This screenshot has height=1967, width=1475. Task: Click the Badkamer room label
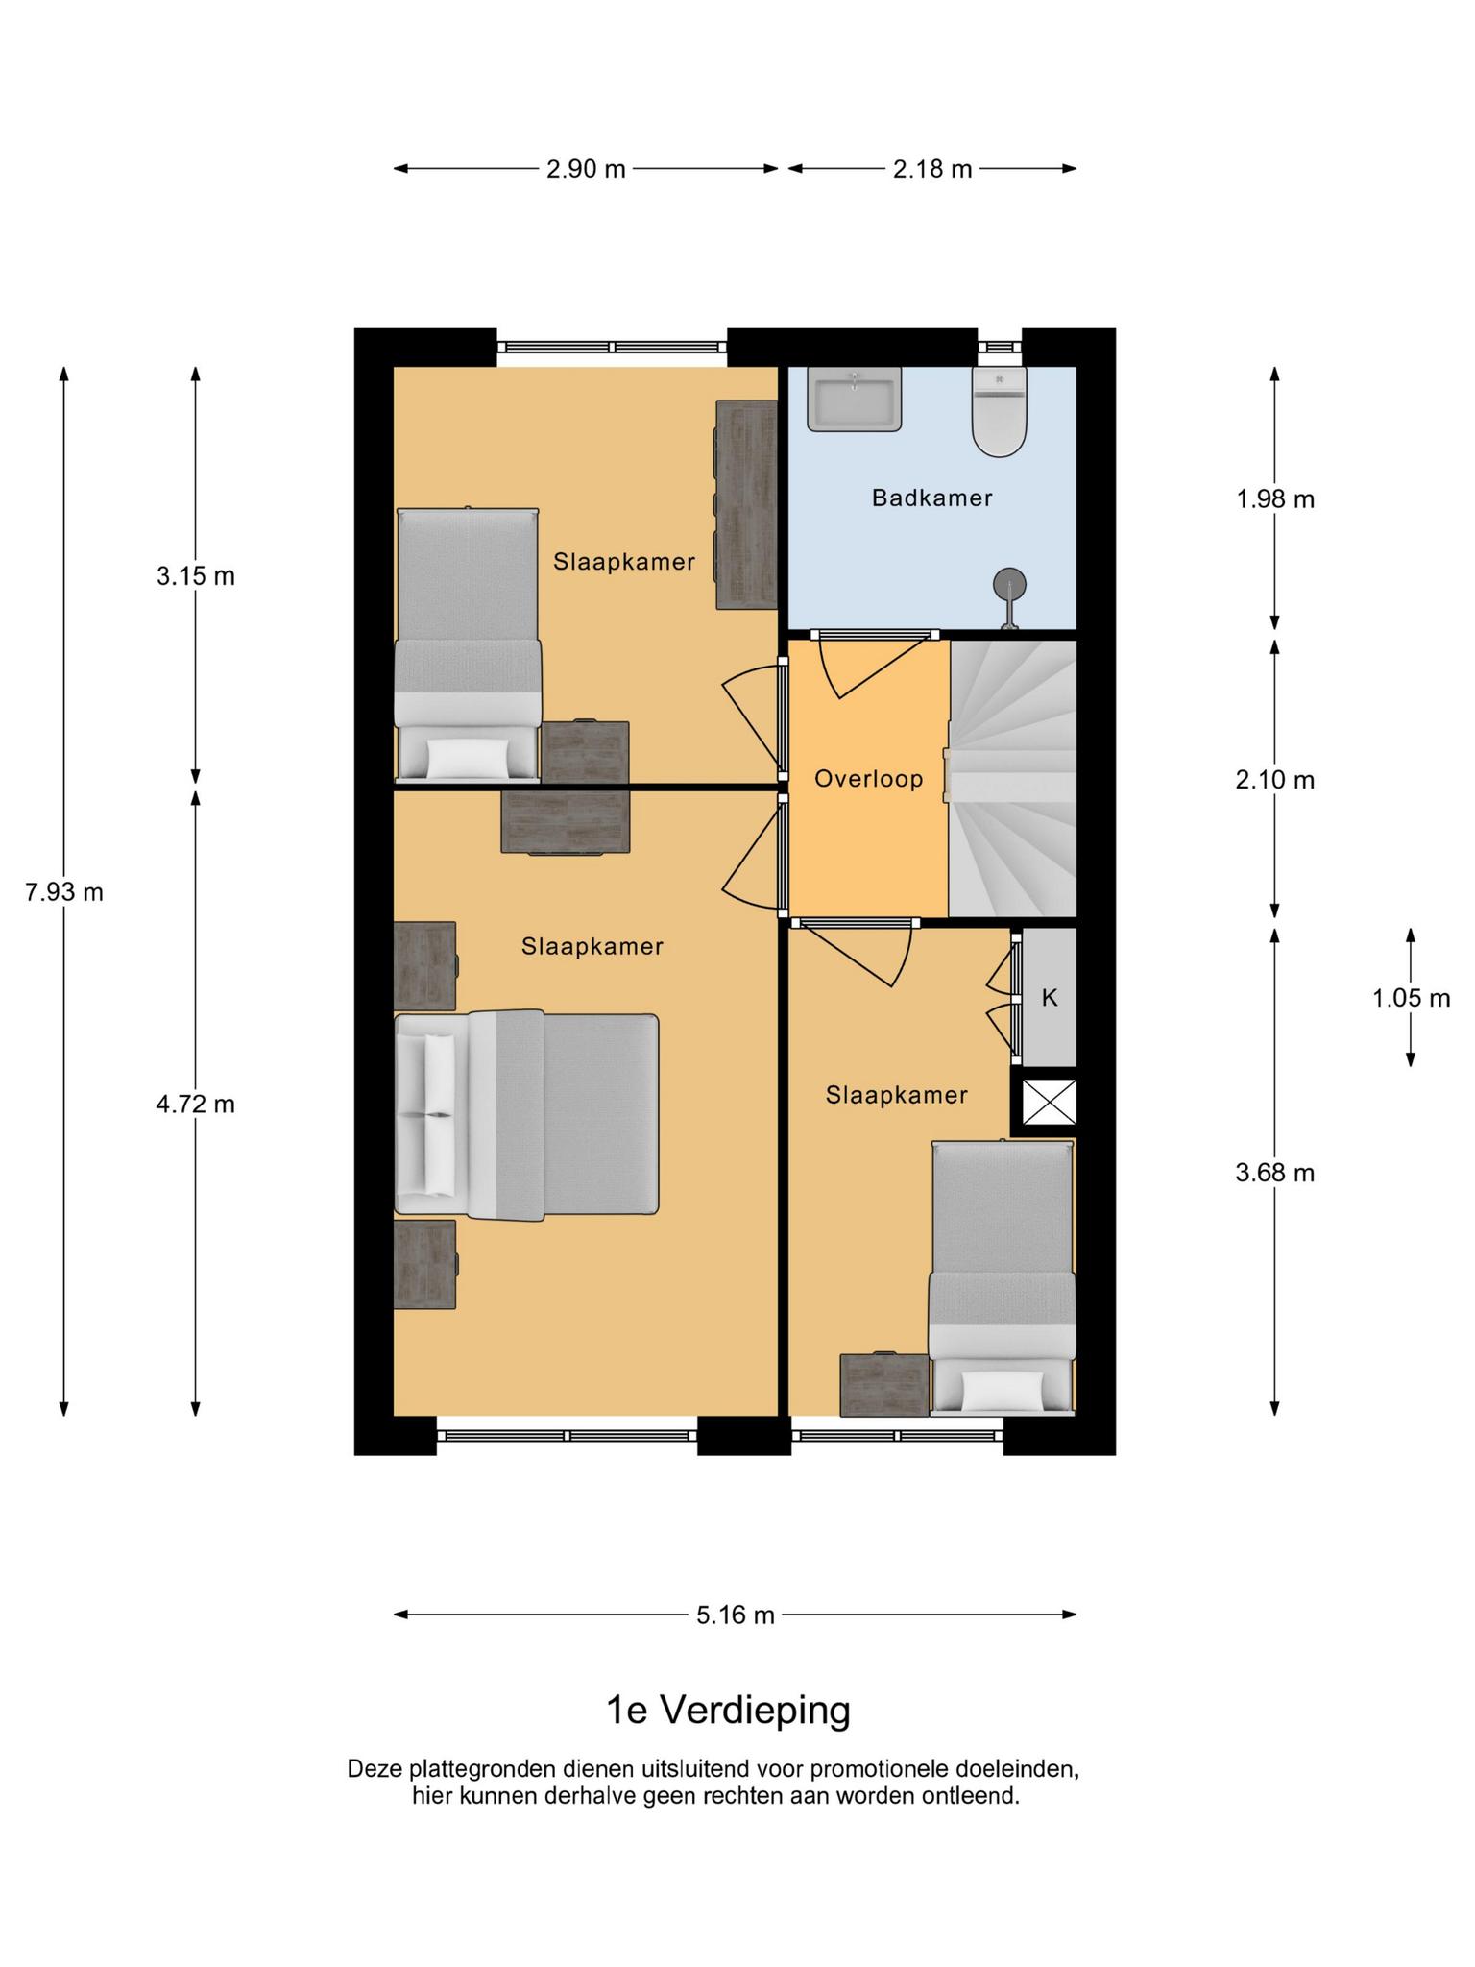931,498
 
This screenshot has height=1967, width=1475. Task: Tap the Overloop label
869,779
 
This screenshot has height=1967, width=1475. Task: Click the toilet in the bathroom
1000,411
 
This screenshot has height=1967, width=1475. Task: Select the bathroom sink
854,399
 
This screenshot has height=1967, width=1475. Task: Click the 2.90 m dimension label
586,170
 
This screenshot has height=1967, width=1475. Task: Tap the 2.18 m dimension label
932,170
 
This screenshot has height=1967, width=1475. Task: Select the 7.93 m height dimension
64,892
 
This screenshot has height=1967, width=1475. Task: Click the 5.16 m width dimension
736,1615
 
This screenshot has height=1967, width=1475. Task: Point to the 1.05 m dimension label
1411,998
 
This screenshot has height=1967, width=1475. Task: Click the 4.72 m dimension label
196,1105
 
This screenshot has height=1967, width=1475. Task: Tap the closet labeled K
1049,997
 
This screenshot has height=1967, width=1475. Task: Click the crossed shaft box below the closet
1049,1102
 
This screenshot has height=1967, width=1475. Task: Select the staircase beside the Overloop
1013,779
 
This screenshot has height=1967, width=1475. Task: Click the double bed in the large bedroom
527,1115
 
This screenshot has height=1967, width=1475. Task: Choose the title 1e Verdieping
729,1711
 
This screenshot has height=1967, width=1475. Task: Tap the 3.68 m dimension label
1275,1173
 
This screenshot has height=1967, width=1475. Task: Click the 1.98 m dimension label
1275,499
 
